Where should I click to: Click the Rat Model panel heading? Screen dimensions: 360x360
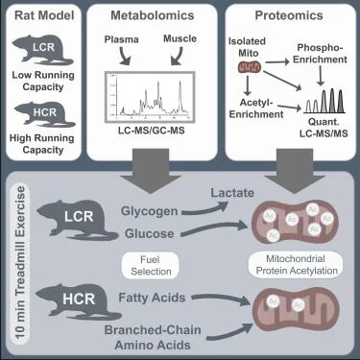(x=44, y=15)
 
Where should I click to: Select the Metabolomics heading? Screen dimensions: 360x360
(x=153, y=15)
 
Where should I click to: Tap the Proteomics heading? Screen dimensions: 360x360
(x=289, y=15)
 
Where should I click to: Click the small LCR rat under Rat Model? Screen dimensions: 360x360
(x=43, y=49)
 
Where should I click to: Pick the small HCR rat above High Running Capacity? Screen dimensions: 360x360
(x=44, y=113)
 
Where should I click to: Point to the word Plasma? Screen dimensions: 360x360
(x=122, y=39)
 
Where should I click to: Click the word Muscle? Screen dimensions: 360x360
(x=180, y=38)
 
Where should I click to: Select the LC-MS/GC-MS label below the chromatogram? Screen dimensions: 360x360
(x=152, y=131)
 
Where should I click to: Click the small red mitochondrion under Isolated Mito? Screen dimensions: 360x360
(x=250, y=67)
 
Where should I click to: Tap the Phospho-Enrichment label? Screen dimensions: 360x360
(x=320, y=54)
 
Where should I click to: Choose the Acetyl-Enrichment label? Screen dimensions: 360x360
(x=256, y=108)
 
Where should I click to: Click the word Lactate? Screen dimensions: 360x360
(x=232, y=193)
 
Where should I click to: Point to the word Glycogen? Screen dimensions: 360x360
(x=149, y=211)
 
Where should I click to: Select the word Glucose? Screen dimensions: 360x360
(x=150, y=233)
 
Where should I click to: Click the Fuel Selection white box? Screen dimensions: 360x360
(x=151, y=266)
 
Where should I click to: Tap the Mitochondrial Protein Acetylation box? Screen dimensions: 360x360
(x=297, y=265)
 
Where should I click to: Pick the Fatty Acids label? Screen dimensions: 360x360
(x=152, y=298)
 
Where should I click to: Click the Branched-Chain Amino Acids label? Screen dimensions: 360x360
(x=153, y=337)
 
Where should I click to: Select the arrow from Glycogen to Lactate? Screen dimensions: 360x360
(x=204, y=209)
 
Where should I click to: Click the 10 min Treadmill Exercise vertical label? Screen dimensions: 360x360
(x=20, y=262)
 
